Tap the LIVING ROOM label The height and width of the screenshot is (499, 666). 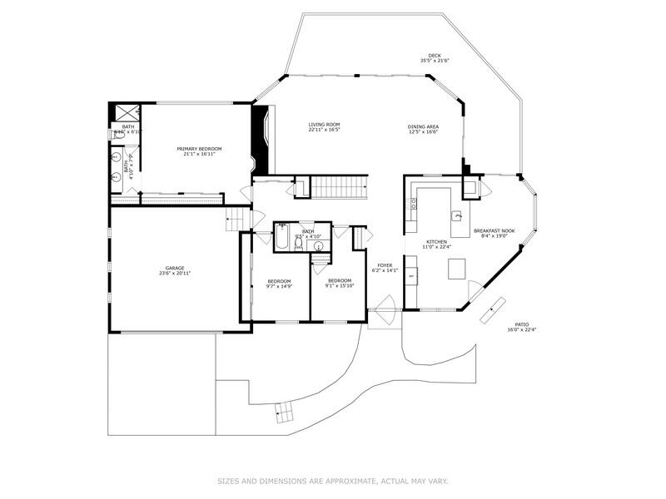tap(324, 125)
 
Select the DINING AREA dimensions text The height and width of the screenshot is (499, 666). tap(424, 132)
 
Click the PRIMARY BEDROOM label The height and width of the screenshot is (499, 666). tap(199, 149)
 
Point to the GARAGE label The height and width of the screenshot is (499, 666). tap(174, 268)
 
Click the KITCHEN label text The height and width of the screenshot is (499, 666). tap(437, 242)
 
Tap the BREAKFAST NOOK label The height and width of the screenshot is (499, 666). tap(495, 230)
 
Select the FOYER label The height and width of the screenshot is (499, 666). tap(384, 265)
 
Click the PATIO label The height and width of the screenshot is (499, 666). tap(521, 324)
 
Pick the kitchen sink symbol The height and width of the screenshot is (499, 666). tap(456, 216)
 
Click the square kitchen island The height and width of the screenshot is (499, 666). tap(457, 269)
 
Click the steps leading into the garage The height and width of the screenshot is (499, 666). tap(238, 220)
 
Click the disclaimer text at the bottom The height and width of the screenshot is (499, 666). tap(332, 481)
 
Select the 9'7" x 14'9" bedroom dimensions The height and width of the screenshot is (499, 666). tap(279, 286)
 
